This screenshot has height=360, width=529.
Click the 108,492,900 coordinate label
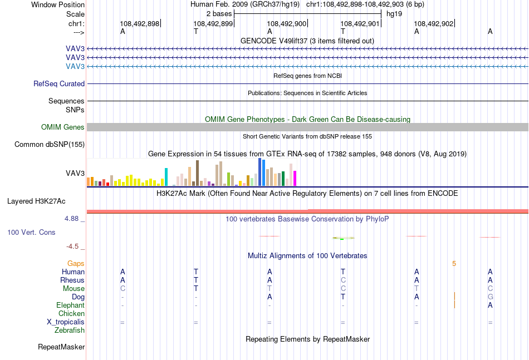pyautogui.click(x=286, y=23)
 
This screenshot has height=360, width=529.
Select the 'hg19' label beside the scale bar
pyautogui.click(x=394, y=14)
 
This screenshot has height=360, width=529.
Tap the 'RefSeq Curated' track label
pyautogui.click(x=59, y=83)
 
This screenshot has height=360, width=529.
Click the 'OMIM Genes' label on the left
pyautogui.click(x=63, y=127)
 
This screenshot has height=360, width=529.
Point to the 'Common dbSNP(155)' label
pyautogui.click(x=50, y=144)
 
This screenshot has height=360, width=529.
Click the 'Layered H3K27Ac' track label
pyautogui.click(x=36, y=201)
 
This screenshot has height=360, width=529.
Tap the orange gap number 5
pyautogui.click(x=454, y=264)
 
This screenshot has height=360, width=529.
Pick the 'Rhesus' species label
pyautogui.click(x=72, y=280)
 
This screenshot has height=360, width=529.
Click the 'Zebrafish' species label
pyautogui.click(x=70, y=331)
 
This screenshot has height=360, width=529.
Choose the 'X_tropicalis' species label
pyautogui.click(x=66, y=322)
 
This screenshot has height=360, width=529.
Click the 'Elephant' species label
pyautogui.click(x=70, y=305)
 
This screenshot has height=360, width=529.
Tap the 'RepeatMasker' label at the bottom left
pyautogui.click(x=61, y=347)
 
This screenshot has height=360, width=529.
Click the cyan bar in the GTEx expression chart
pyautogui.click(x=166, y=177)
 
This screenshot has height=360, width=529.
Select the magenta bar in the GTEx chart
pyautogui.click(x=295, y=178)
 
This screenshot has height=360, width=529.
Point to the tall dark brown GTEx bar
pyautogui.click(x=197, y=173)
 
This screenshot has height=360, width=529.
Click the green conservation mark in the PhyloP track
pyautogui.click(x=342, y=239)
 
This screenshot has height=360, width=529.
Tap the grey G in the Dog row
pyautogui.click(x=490, y=297)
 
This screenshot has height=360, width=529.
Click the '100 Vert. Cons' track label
pyautogui.click(x=31, y=232)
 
